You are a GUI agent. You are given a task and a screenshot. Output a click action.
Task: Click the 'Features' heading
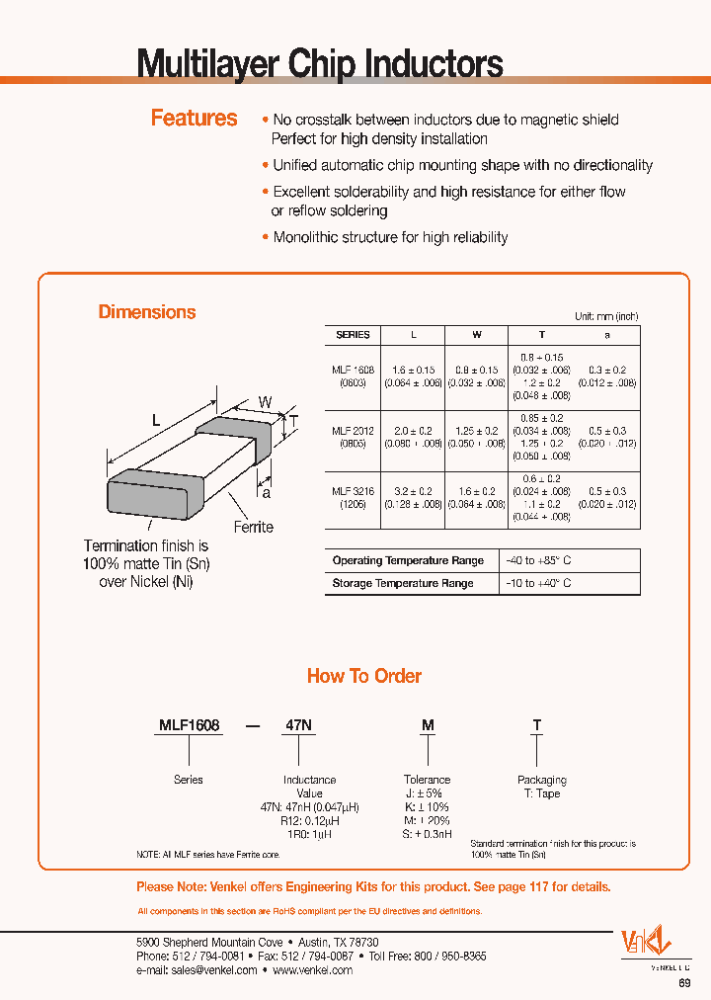tap(194, 119)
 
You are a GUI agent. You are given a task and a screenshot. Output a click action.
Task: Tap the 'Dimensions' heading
tap(147, 312)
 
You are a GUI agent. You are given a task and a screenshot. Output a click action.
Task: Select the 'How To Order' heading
tap(364, 676)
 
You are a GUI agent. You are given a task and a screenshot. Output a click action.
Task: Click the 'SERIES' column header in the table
tap(353, 335)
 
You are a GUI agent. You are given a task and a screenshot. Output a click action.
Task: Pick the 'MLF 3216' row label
tap(353, 490)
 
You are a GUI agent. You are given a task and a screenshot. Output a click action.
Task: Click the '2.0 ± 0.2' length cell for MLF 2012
tap(413, 431)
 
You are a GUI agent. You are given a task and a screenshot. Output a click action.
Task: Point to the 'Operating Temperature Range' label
tap(408, 560)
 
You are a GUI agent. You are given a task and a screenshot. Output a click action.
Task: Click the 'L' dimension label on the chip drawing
tap(155, 420)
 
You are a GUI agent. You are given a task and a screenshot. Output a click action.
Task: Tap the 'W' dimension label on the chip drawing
tap(265, 401)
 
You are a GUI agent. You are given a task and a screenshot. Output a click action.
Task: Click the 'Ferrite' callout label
tap(253, 527)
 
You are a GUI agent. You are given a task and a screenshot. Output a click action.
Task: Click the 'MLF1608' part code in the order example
tap(190, 725)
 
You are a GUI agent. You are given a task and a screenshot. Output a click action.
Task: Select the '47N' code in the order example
tap(299, 725)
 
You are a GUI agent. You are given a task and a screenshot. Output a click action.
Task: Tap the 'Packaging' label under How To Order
tap(542, 780)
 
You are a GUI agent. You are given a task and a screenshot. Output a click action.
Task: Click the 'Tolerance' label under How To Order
tap(427, 780)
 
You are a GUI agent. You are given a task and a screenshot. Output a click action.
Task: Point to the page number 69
tap(684, 983)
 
